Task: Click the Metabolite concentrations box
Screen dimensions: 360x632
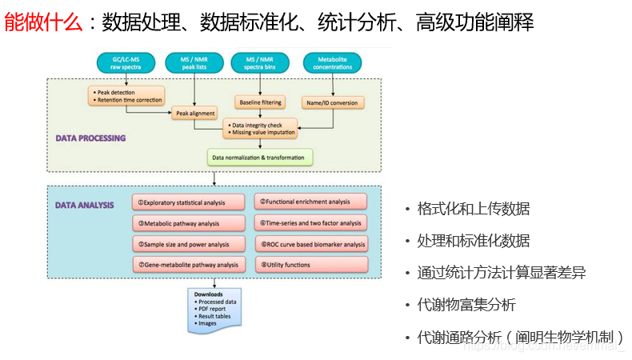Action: coord(333,62)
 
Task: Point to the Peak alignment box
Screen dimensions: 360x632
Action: coord(195,114)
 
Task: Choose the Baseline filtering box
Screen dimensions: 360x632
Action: coord(262,102)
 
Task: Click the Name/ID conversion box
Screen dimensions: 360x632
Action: coord(333,102)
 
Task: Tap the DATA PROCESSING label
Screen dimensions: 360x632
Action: coord(90,138)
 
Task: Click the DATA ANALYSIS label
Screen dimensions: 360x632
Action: coord(85,205)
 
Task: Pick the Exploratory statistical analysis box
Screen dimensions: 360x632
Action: coord(188,203)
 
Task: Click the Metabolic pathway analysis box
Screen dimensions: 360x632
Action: coord(188,224)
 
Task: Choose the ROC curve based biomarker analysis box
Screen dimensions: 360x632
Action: coord(311,244)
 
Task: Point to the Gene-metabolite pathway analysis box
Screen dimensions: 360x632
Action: coord(188,265)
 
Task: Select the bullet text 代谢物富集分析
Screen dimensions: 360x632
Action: coord(466,305)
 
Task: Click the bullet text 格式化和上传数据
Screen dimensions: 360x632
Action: coord(473,209)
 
